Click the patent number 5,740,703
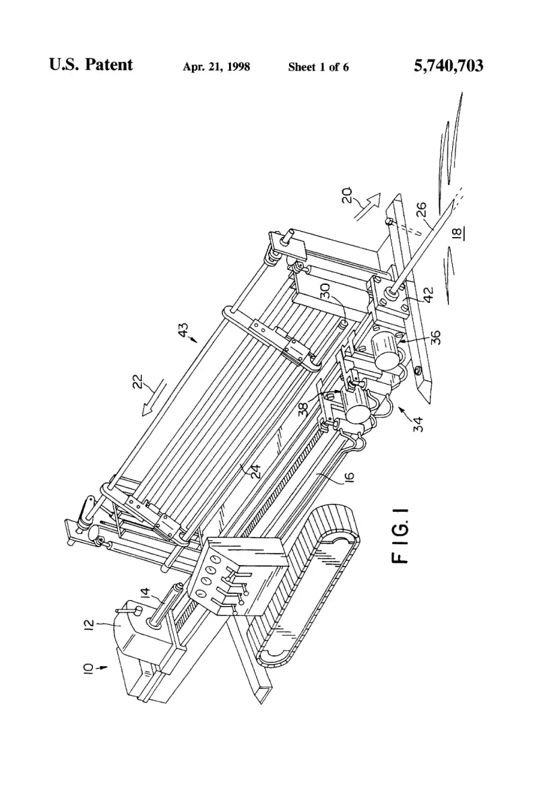point(449,66)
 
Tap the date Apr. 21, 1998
point(216,67)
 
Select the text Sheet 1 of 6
point(318,67)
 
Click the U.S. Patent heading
point(91,65)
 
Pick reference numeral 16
point(350,477)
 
